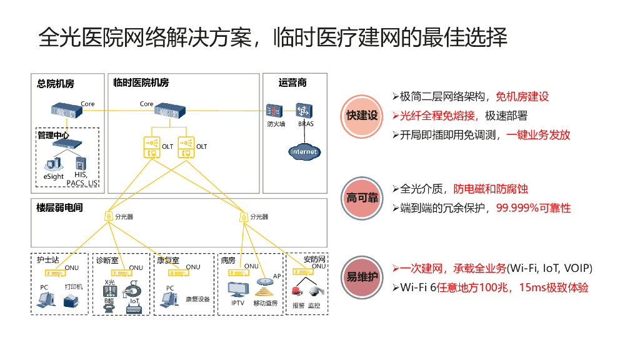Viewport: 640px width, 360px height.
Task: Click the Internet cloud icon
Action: (x=304, y=151)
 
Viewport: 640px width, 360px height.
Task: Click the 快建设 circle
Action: (x=362, y=116)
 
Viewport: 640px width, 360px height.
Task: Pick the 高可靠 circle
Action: (x=362, y=198)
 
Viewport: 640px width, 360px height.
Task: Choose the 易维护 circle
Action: (x=362, y=276)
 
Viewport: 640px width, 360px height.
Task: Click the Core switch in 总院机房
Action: (x=66, y=111)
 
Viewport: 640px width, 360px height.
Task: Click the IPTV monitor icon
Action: (x=237, y=290)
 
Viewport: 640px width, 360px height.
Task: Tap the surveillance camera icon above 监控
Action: (x=314, y=292)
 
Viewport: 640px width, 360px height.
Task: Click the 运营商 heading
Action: (x=292, y=82)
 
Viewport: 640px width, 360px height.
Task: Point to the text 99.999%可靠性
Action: (x=533, y=208)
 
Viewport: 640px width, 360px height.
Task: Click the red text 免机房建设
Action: (x=522, y=96)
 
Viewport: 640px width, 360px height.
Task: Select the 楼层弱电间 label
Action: (x=59, y=207)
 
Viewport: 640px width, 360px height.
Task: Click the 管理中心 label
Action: (x=53, y=134)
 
